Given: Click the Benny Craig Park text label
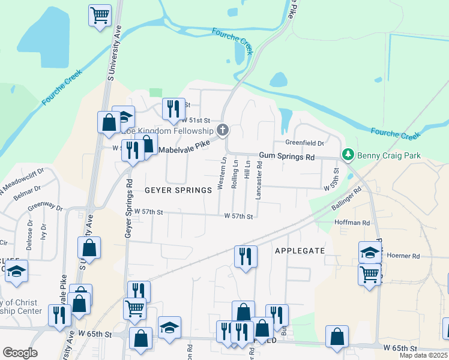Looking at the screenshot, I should [389, 156].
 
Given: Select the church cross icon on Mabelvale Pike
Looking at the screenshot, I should [223, 130].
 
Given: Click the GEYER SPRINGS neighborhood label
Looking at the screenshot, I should [178, 190].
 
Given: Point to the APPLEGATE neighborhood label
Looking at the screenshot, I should [300, 250].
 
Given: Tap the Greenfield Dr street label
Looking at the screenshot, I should [304, 143].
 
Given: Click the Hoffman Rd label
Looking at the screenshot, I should [352, 223].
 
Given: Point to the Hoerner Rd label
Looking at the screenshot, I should [403, 256].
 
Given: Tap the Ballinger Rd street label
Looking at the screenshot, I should [346, 200].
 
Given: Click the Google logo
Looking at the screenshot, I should [20, 352].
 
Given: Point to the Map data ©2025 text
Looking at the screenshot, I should [423, 355].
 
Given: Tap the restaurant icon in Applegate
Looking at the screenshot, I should [246, 256].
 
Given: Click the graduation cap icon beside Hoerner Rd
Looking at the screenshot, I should [370, 253].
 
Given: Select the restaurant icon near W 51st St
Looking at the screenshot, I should [173, 109].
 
